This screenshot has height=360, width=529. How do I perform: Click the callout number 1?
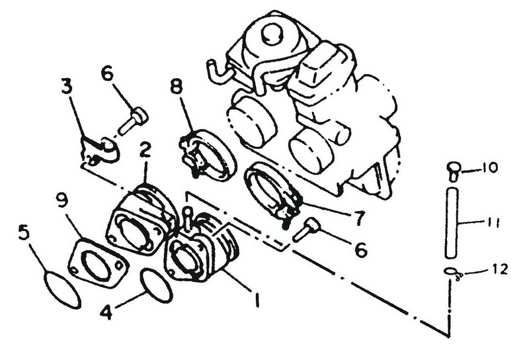point(257,299)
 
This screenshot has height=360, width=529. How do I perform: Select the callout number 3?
point(67,87)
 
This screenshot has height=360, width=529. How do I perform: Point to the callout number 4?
point(106,312)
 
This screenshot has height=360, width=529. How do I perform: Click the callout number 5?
point(24,233)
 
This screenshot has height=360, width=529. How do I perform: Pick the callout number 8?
point(177,87)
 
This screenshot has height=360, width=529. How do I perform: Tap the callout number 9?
point(62,201)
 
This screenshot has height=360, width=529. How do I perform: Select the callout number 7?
point(358,218)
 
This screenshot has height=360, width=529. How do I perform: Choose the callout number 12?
point(498,269)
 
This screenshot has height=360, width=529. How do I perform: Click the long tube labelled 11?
point(452,224)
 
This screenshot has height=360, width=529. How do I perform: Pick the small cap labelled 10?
point(453,171)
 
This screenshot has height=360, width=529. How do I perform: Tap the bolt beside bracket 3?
point(133,120)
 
